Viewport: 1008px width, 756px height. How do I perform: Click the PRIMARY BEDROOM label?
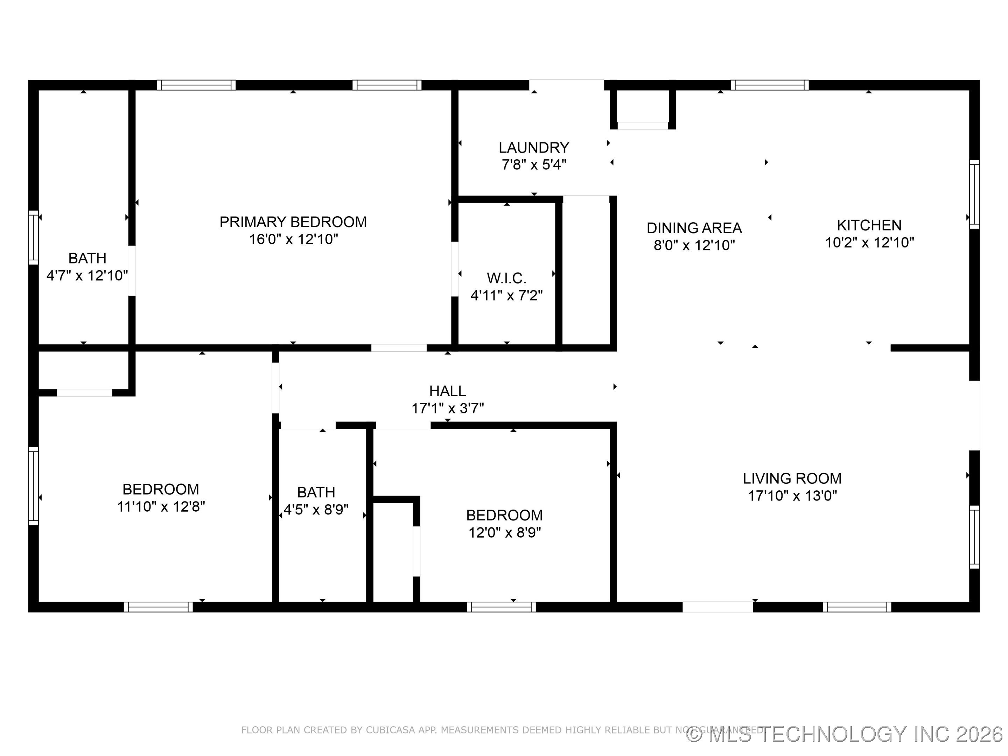(x=293, y=222)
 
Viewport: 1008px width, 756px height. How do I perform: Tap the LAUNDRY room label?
(x=534, y=148)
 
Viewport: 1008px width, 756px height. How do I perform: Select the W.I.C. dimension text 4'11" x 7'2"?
(x=506, y=296)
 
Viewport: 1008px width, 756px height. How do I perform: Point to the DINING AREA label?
(x=694, y=228)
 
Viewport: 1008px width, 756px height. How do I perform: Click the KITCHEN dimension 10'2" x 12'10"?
(x=869, y=243)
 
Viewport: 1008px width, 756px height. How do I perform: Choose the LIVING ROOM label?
(x=792, y=478)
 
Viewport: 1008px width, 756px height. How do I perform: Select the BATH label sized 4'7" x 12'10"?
(x=87, y=258)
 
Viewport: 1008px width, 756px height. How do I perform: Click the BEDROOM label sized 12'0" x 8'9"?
(x=504, y=515)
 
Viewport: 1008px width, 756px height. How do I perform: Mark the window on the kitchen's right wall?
(x=974, y=195)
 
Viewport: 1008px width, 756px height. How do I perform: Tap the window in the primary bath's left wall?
(x=33, y=237)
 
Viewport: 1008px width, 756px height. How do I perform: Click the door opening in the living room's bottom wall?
(x=717, y=607)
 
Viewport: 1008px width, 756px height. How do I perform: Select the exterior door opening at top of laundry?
(x=566, y=85)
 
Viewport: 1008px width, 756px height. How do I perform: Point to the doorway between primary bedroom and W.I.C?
(x=454, y=269)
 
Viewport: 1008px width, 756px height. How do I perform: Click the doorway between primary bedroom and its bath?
(x=132, y=271)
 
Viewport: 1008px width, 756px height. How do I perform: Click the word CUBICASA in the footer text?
(x=391, y=730)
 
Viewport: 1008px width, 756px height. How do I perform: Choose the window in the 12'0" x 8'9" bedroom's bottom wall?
(x=501, y=607)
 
